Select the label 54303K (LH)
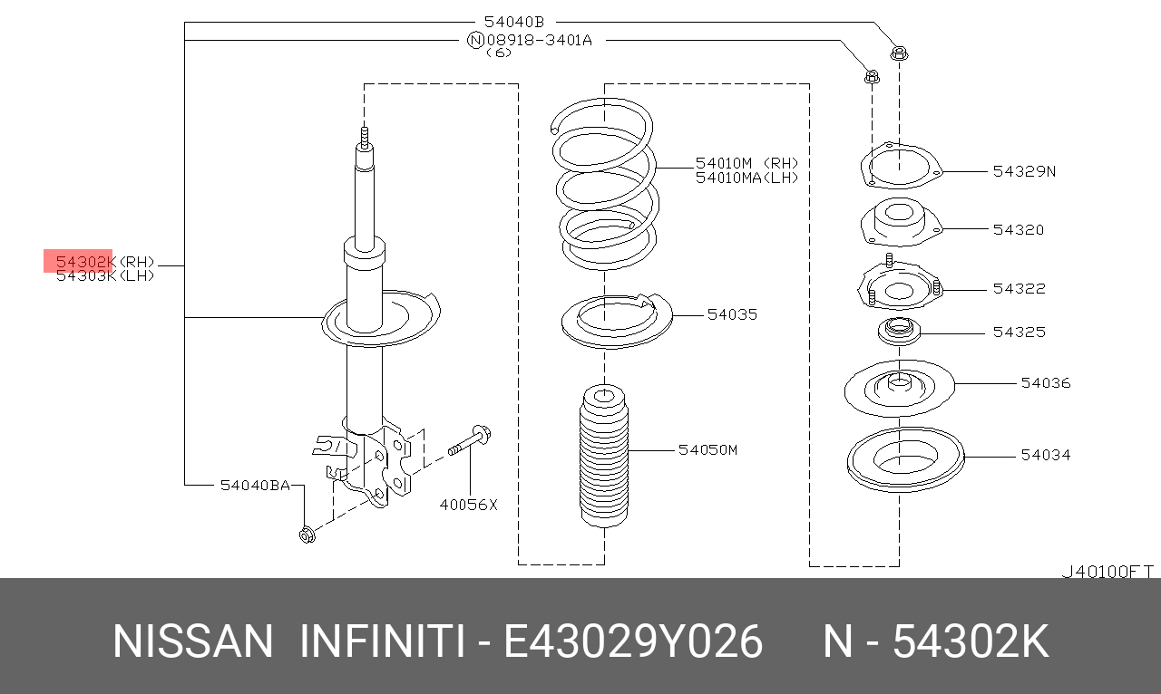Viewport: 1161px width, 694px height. (x=104, y=275)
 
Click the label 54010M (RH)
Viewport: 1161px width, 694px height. (x=746, y=163)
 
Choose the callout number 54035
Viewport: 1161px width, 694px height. (x=732, y=314)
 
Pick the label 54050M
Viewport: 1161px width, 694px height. (x=707, y=449)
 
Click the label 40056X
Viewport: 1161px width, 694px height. (x=469, y=505)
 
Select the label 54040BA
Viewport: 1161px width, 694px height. (x=255, y=486)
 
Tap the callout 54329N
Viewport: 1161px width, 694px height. (x=1024, y=170)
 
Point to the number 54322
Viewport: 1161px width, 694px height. (x=1019, y=288)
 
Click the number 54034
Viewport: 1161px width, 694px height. (x=1045, y=455)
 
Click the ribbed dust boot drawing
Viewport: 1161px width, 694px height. (x=603, y=458)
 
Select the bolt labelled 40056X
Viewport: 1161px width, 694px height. (x=470, y=441)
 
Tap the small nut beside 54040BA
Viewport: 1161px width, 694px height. (x=307, y=535)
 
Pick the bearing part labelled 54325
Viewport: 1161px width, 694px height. (x=899, y=331)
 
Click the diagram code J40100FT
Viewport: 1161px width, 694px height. (x=1107, y=572)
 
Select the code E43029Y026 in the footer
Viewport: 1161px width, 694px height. (x=633, y=642)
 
